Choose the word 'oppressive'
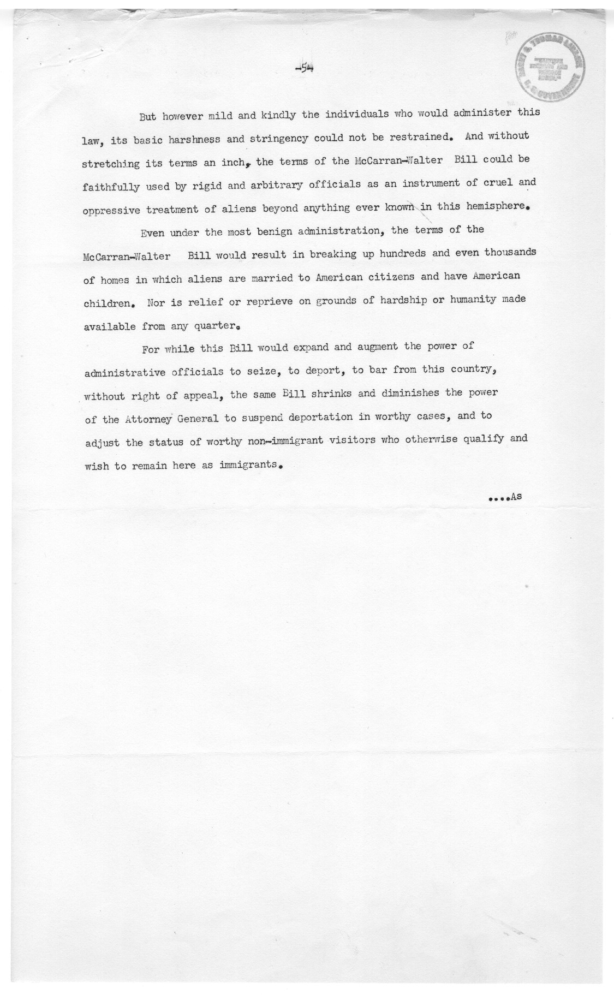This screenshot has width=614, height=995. [x=111, y=210]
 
